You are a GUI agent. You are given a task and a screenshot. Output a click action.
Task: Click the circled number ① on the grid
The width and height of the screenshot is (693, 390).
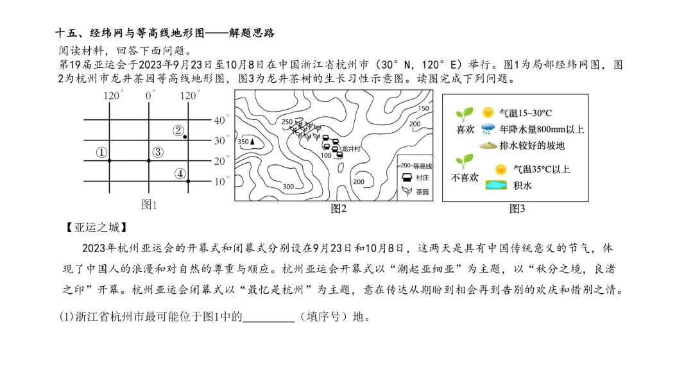point(101,153)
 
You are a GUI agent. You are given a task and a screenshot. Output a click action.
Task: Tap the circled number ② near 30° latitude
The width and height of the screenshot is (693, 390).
point(178,130)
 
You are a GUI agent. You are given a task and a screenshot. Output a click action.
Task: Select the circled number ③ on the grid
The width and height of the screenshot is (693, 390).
point(158,152)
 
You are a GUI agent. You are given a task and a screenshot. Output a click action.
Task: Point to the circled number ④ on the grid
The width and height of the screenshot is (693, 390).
point(180,174)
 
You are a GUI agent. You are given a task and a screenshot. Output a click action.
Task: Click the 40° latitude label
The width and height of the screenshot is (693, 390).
point(221,120)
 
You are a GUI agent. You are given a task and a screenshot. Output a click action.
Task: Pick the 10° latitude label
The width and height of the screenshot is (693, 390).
point(221,181)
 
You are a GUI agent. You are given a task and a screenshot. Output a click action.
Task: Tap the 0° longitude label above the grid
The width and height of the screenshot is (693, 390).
point(149,96)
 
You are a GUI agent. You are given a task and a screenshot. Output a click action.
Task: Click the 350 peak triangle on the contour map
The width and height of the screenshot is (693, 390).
point(252,141)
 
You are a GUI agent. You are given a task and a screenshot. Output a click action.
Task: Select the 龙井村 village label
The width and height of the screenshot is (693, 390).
point(351,149)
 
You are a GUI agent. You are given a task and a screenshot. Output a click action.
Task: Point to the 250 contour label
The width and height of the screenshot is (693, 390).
point(287,121)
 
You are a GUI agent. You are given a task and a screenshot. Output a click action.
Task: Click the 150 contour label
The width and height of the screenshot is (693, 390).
point(424,108)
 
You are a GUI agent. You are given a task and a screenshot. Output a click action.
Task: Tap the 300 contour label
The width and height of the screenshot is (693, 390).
point(288,187)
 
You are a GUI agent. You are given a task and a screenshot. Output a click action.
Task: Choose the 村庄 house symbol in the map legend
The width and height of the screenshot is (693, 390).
point(407,178)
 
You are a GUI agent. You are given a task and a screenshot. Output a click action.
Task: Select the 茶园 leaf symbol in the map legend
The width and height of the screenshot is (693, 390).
point(407,191)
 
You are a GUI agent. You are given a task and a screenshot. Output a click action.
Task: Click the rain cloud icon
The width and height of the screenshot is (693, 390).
point(488,129)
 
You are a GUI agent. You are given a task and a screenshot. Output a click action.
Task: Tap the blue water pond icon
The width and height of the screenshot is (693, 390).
point(496,185)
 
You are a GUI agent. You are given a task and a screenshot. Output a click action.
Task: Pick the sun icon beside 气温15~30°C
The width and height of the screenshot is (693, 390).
point(488,112)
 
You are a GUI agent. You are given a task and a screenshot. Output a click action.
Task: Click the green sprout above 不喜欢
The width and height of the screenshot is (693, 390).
point(465,161)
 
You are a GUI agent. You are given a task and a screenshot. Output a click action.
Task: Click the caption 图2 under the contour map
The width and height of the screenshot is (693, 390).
point(339,208)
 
